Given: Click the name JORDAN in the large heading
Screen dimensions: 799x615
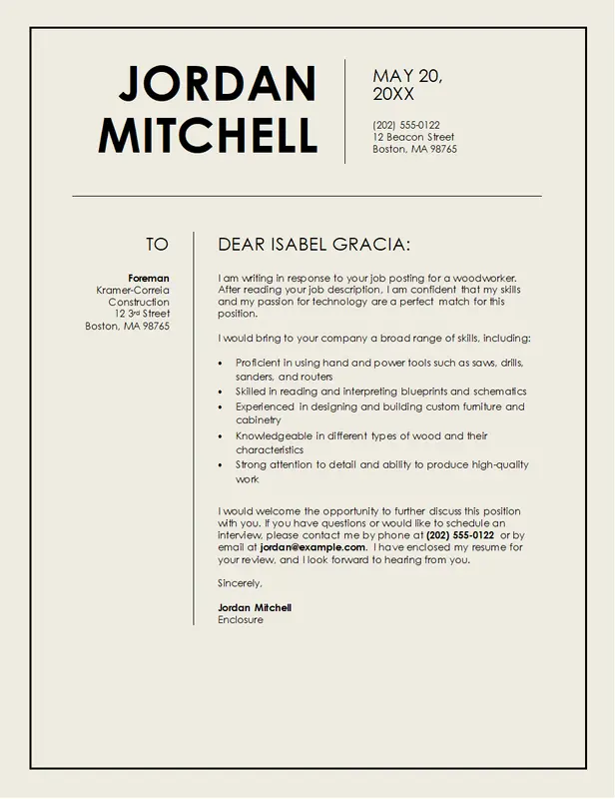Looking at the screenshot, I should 218,84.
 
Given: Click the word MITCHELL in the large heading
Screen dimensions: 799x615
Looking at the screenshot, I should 208,135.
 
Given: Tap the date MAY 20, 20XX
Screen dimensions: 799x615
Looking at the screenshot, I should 406,85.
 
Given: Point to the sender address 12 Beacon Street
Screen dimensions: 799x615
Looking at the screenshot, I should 413,137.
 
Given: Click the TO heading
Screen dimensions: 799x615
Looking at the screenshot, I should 157,245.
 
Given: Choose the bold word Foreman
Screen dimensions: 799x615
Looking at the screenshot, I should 149,278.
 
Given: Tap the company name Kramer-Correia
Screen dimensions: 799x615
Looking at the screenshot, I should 133,290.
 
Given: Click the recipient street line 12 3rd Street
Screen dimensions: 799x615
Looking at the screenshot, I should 142,314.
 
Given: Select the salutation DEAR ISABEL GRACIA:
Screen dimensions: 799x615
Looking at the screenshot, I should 313,245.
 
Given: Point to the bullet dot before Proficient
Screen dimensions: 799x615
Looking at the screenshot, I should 221,363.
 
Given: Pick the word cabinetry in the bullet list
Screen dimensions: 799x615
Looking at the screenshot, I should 259,420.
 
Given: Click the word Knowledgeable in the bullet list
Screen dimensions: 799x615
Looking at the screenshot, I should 272,435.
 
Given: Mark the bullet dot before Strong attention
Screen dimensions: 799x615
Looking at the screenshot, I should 221,465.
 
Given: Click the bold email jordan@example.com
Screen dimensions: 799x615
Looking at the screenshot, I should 312,547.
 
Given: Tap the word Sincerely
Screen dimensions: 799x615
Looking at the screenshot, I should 240,582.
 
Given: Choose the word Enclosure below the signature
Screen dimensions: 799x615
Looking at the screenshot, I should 241,619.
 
